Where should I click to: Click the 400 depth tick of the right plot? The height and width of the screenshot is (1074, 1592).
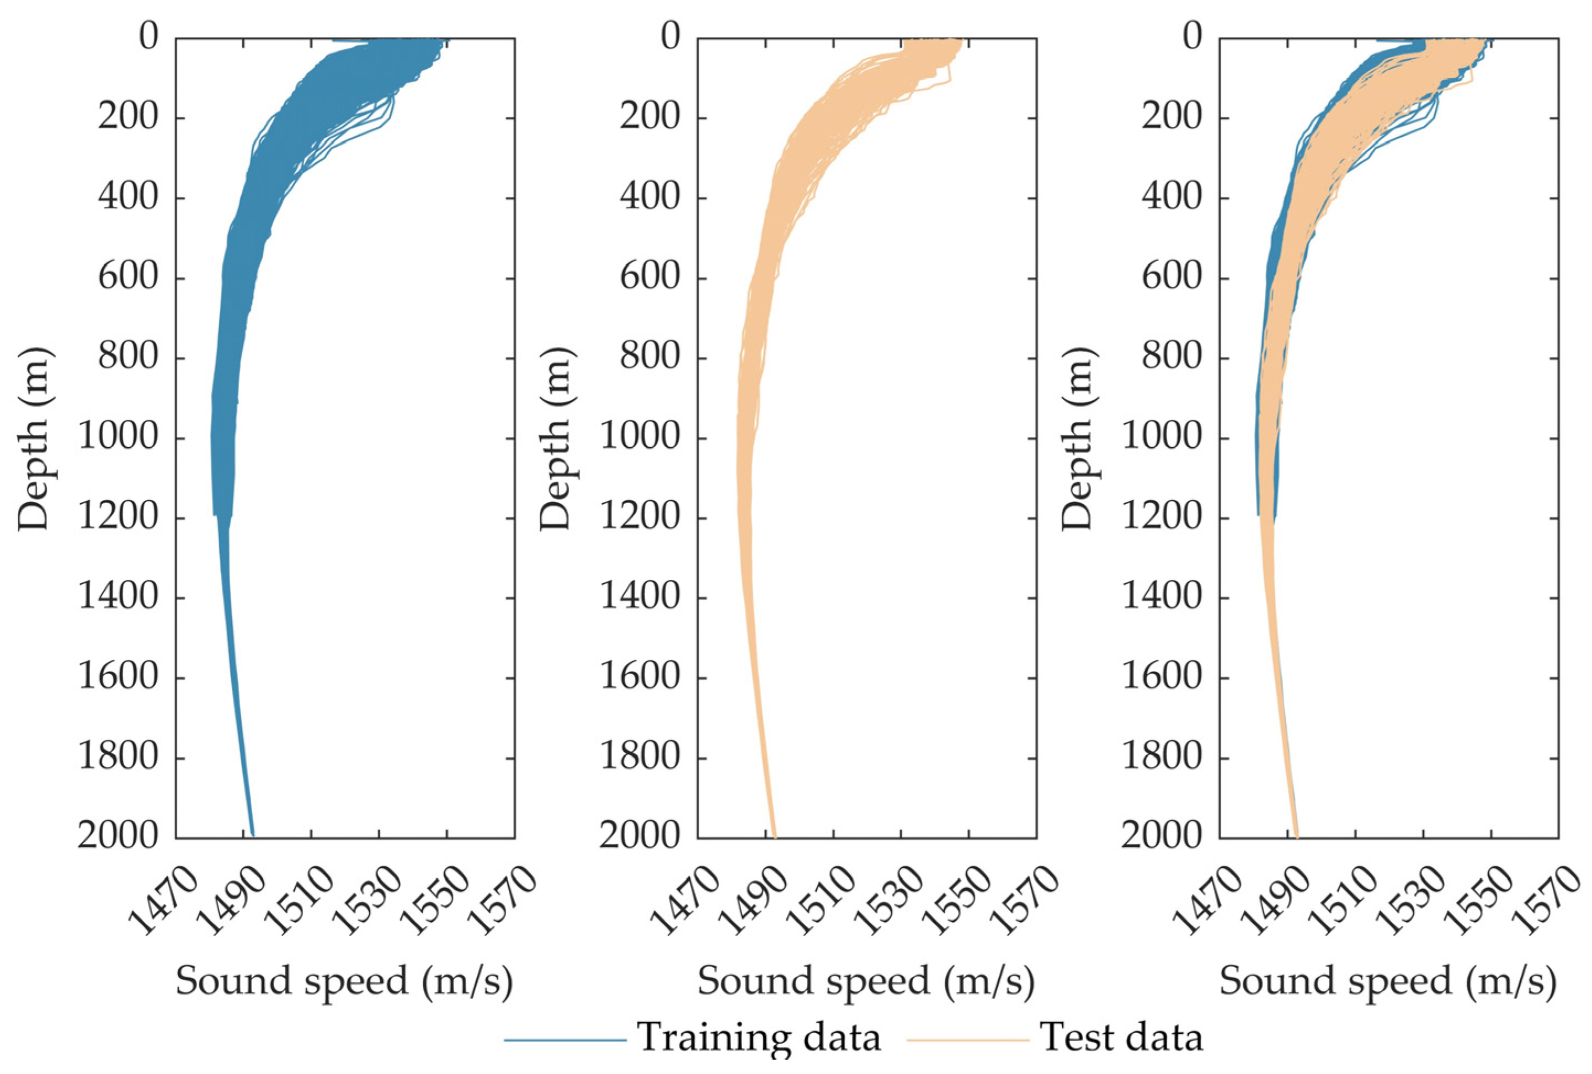click(1172, 197)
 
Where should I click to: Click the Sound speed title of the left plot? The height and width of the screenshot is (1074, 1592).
click(344, 981)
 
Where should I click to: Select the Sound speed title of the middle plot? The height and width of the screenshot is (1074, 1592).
click(866, 981)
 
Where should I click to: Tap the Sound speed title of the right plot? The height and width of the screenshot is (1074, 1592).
click(1388, 981)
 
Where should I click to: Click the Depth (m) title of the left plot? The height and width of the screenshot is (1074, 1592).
click(34, 439)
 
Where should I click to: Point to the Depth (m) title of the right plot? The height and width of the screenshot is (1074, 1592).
click(1078, 439)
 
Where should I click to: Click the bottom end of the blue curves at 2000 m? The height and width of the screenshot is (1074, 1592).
click(253, 833)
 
